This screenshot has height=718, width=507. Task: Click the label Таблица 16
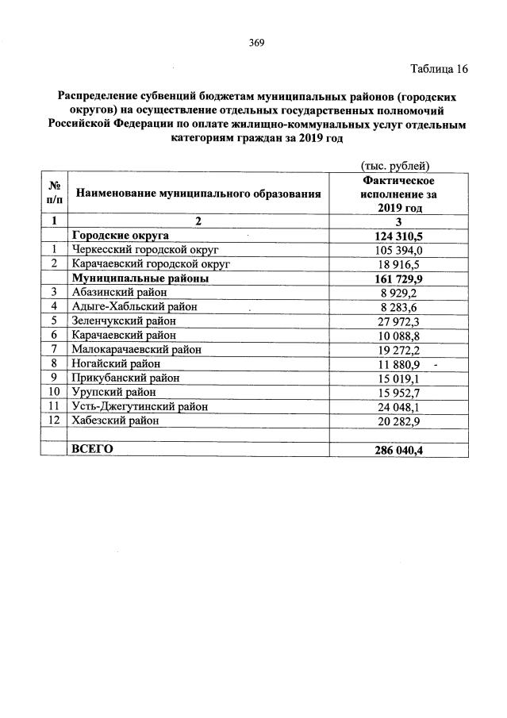point(438,69)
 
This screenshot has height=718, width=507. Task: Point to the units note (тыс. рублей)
point(394,166)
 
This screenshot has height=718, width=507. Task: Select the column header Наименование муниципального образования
point(198,193)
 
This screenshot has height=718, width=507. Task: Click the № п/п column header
point(55,193)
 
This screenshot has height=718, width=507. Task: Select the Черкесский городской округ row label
point(144,249)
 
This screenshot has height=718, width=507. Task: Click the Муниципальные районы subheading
point(140,278)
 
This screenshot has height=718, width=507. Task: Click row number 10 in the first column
point(55,392)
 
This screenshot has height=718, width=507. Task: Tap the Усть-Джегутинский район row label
point(140,406)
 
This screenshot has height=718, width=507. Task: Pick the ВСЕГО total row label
point(92,449)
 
